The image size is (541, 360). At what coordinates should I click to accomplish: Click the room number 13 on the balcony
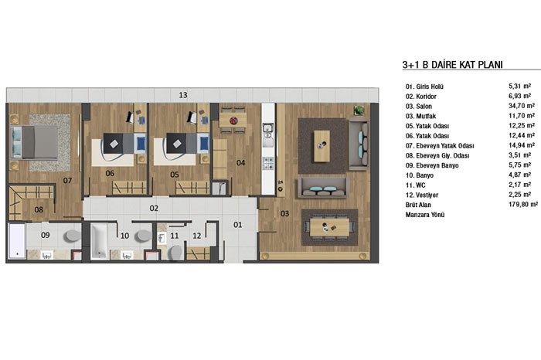[x=183, y=95]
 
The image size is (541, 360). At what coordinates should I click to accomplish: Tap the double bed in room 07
[x=34, y=143]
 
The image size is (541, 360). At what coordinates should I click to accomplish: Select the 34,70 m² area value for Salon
[x=522, y=106]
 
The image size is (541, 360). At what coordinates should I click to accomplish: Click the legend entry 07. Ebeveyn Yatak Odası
[x=440, y=145]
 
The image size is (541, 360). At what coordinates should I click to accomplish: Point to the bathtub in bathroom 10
[x=99, y=241]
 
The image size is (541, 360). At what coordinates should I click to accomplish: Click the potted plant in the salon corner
[x=359, y=110]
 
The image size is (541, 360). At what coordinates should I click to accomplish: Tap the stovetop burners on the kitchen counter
[x=268, y=163]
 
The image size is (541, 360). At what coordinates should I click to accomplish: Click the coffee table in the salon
[x=322, y=146]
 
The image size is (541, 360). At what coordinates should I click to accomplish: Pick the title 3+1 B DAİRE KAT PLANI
[x=452, y=65]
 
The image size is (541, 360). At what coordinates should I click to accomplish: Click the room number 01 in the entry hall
[x=238, y=225]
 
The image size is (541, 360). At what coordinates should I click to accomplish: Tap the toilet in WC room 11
[x=175, y=253]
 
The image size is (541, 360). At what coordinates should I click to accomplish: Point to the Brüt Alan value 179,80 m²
[x=523, y=205]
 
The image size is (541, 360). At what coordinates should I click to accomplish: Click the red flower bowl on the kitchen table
[x=233, y=121]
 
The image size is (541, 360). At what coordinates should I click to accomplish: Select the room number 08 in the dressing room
[x=39, y=209]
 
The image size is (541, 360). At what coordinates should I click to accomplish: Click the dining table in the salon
[x=329, y=227]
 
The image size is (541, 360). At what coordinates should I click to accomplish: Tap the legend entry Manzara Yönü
[x=425, y=215]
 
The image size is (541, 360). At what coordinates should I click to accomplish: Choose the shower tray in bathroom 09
[x=16, y=241]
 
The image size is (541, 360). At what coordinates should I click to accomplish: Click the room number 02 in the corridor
[x=154, y=209]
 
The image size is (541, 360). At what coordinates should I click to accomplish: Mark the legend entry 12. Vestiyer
[x=422, y=195]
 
